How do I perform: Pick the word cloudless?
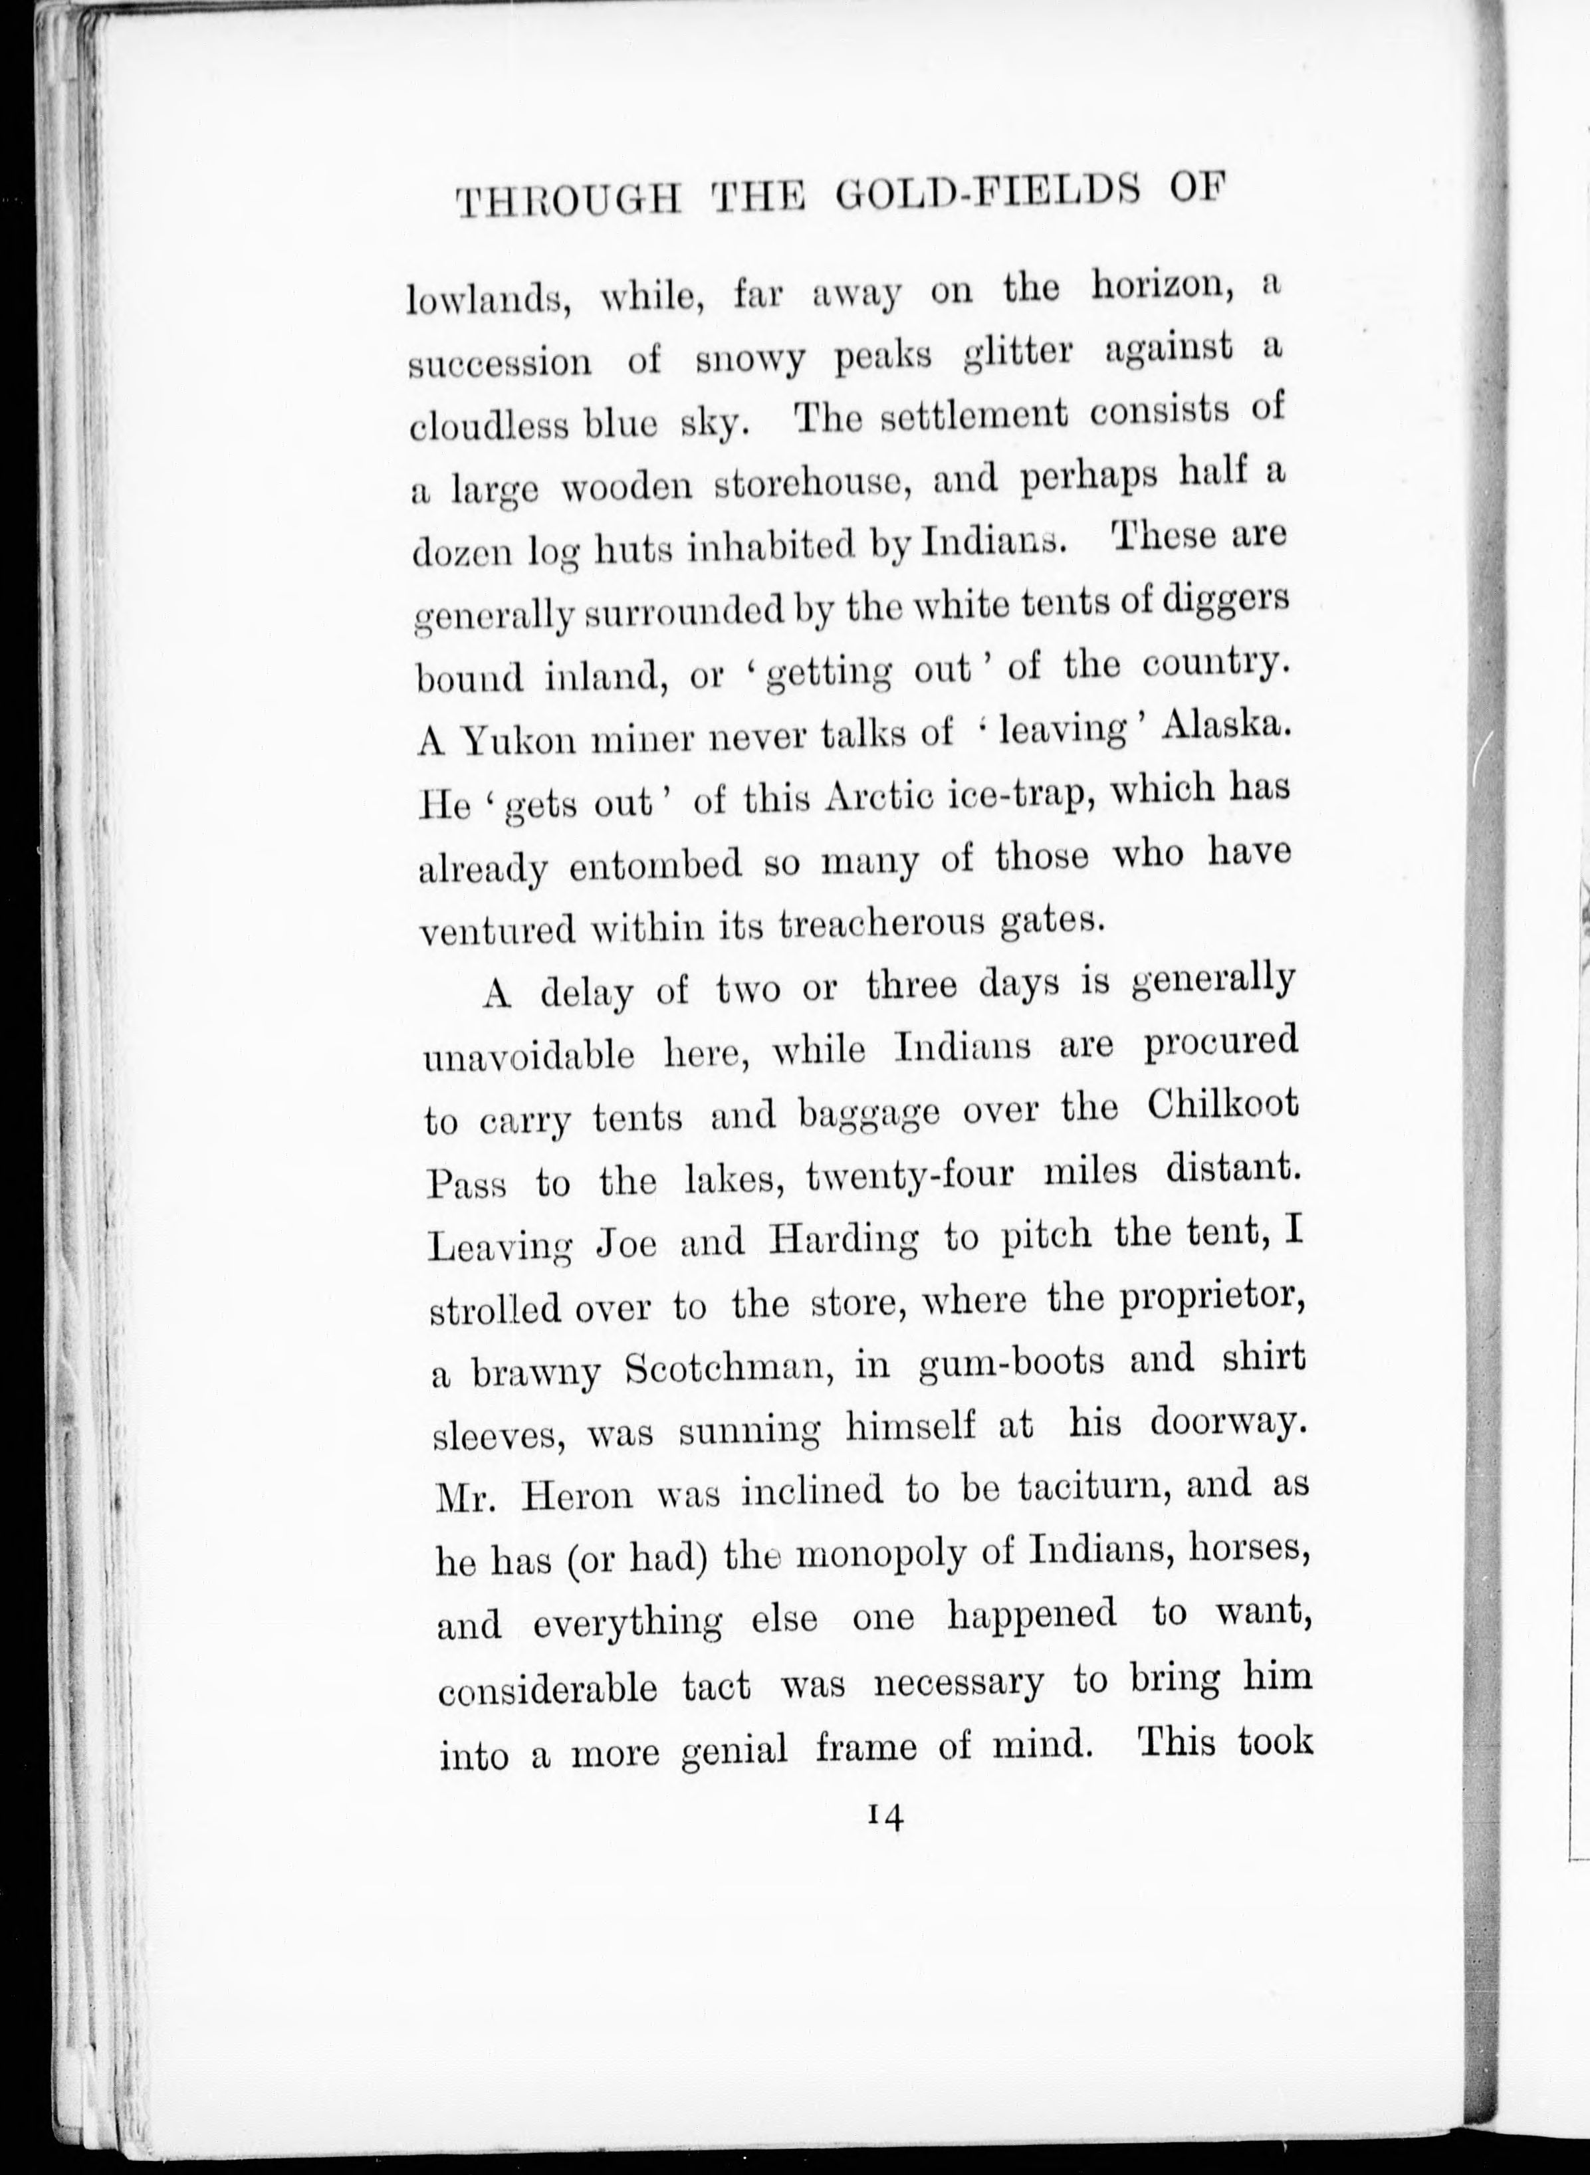click(x=485, y=425)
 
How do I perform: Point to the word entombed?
click(x=655, y=863)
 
